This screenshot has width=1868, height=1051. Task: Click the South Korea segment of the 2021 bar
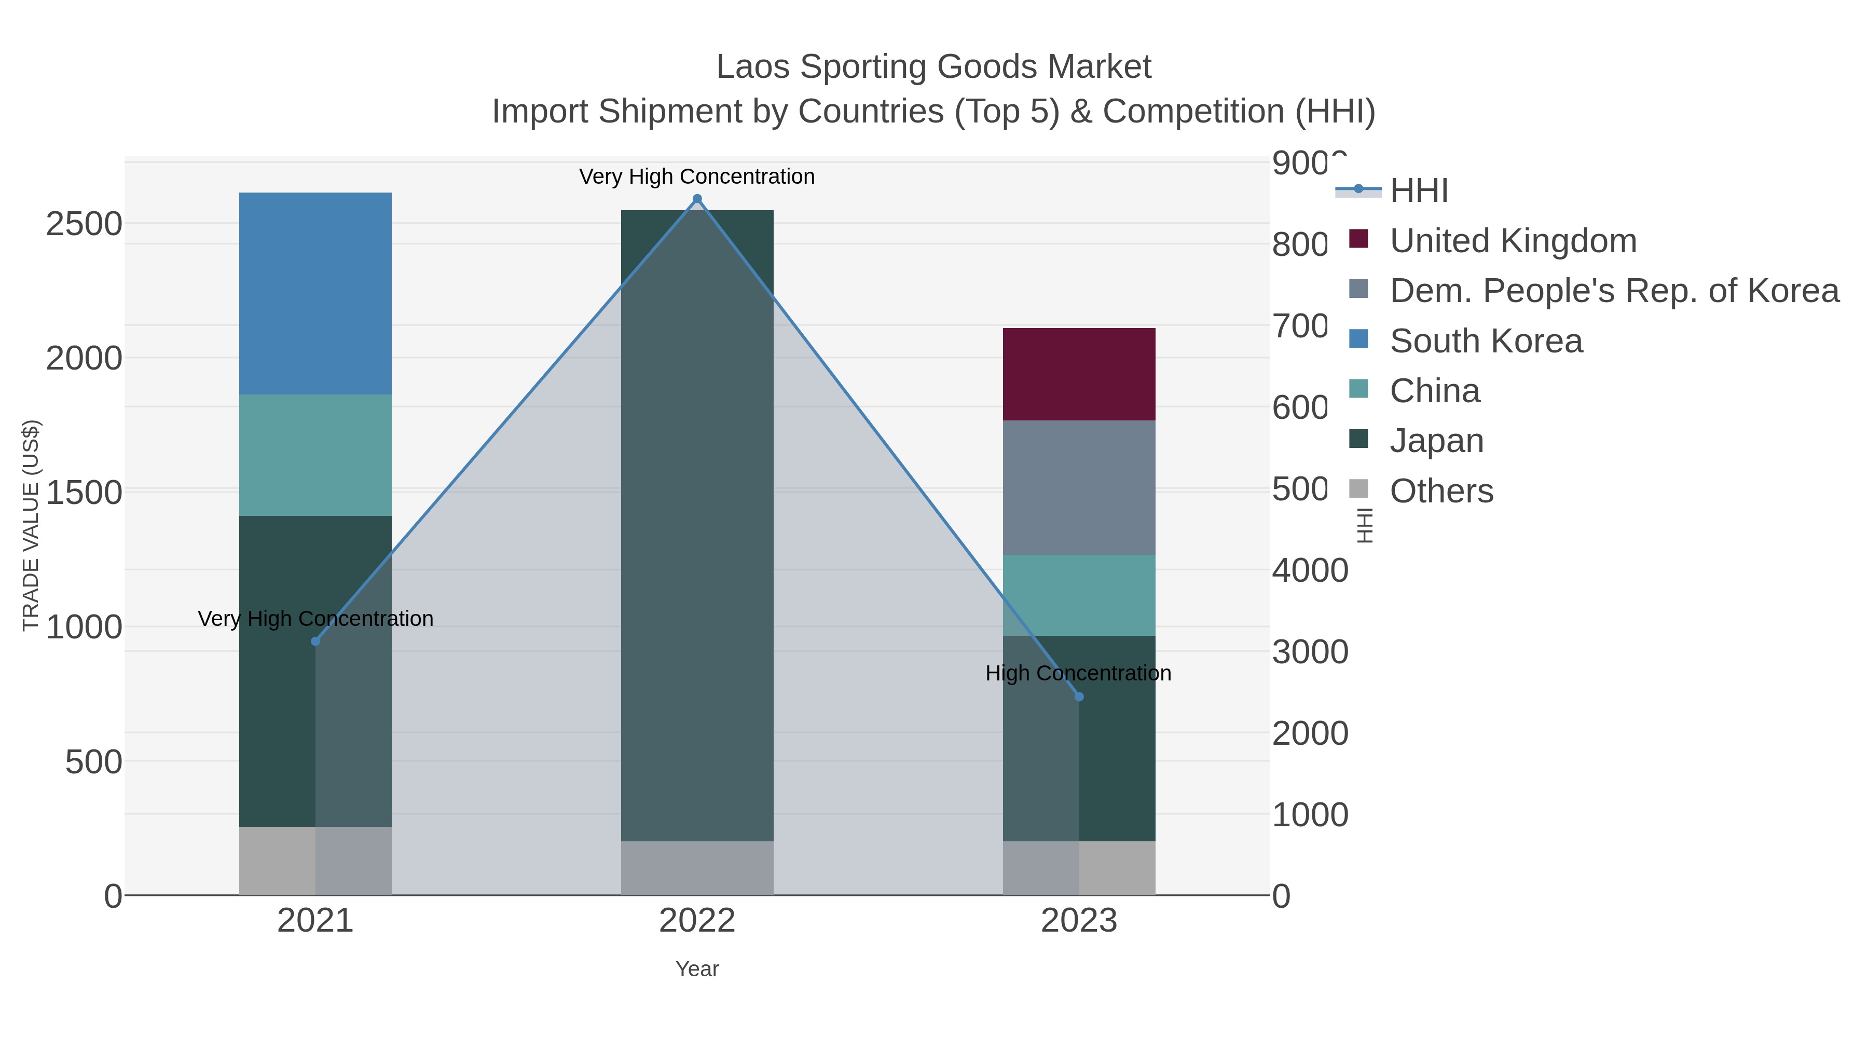coord(315,293)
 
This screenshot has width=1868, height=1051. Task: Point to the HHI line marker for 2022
coord(697,199)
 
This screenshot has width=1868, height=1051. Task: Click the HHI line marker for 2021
coord(315,641)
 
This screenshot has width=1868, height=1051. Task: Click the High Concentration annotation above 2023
coord(1078,673)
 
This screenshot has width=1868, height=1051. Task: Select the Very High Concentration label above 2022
coord(696,176)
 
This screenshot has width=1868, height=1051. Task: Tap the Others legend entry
coord(1441,491)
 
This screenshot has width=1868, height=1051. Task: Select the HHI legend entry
coord(1419,191)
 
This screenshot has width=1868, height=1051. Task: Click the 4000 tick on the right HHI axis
coord(1309,570)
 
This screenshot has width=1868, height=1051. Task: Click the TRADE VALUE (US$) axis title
coord(31,525)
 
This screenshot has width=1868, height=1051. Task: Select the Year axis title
coord(696,969)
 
